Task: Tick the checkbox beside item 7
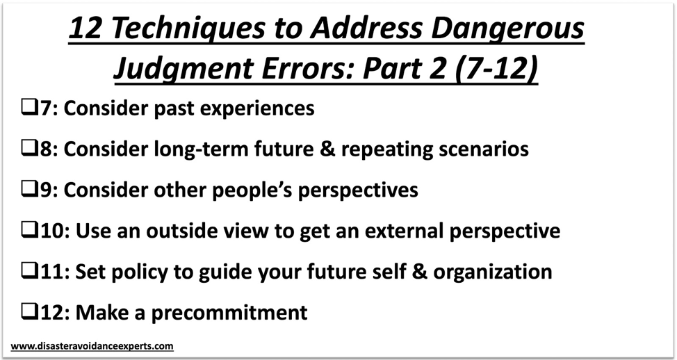click(x=29, y=109)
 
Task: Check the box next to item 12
click(x=29, y=313)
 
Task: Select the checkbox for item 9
click(x=29, y=190)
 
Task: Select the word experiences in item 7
click(x=254, y=109)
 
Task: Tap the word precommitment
click(x=229, y=313)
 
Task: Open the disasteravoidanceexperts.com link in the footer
click(x=92, y=345)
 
